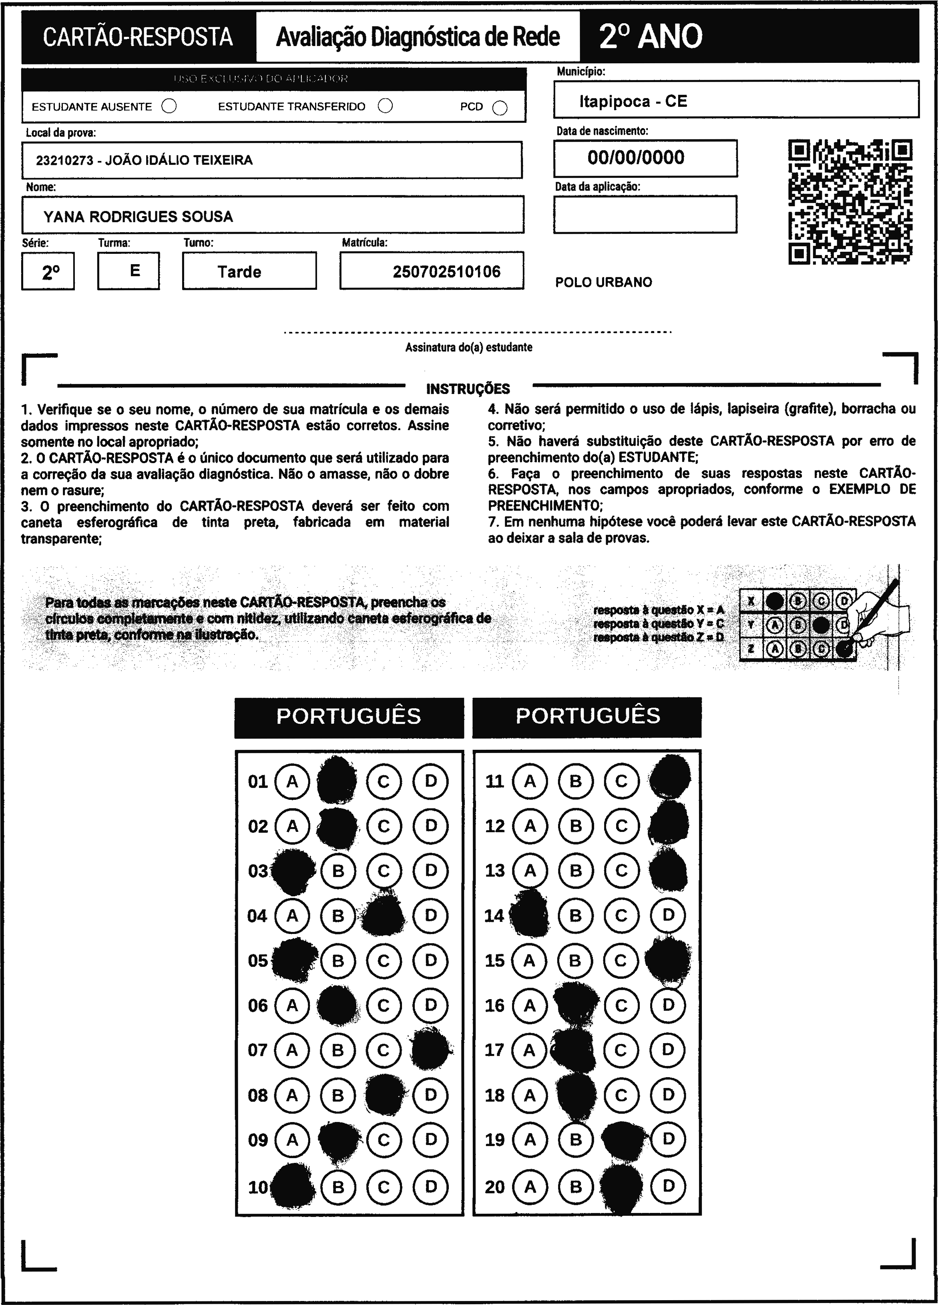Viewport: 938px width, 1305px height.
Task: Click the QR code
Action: click(x=850, y=202)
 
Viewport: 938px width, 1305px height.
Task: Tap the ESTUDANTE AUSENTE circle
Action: click(x=169, y=106)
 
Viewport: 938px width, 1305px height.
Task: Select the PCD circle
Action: click(x=500, y=108)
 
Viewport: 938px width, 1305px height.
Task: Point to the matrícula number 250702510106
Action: click(x=446, y=271)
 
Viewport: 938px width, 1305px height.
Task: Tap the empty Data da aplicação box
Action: click(x=645, y=215)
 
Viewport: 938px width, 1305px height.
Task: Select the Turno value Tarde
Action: click(x=239, y=271)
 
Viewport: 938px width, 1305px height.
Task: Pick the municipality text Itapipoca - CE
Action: click(x=633, y=102)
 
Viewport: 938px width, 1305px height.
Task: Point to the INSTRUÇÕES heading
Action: click(x=468, y=389)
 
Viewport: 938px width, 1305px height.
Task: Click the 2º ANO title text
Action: click(x=650, y=37)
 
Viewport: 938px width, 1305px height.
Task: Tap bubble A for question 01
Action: click(x=292, y=781)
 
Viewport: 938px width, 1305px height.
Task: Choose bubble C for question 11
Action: click(x=621, y=781)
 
